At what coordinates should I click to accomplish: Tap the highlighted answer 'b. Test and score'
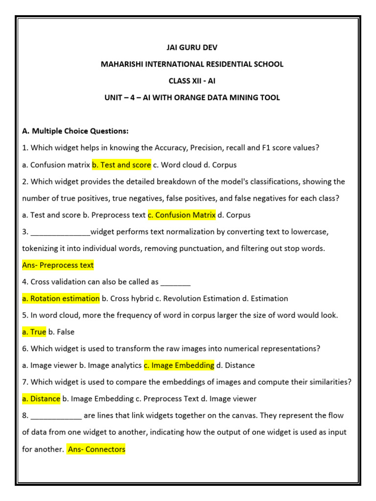[121, 165]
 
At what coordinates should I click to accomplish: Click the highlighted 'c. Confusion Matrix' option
[182, 215]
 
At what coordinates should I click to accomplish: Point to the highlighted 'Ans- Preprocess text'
[58, 265]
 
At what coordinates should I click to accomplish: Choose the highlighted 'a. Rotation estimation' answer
[61, 298]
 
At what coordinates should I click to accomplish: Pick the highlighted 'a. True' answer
[34, 332]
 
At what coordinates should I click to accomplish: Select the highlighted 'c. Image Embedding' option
[179, 365]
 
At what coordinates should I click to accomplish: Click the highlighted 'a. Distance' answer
[41, 399]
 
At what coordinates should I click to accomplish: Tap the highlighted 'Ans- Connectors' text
[96, 449]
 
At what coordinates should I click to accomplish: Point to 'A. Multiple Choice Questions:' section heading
[75, 131]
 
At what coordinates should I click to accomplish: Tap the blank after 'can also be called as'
[175, 282]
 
